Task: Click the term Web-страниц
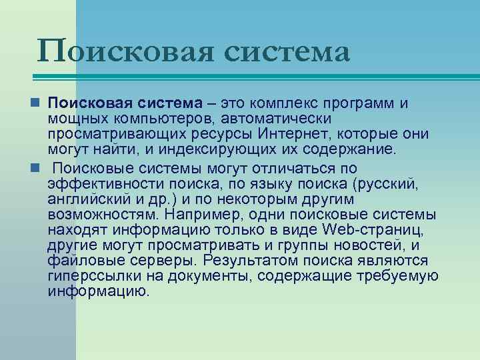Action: tap(364, 231)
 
